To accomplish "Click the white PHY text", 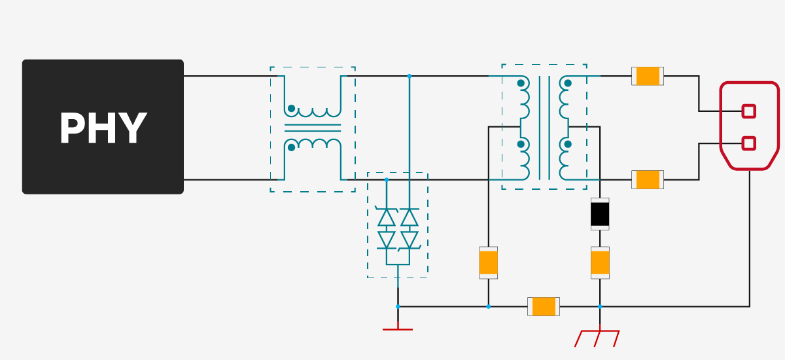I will point(103,128).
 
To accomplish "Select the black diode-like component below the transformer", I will point(600,214).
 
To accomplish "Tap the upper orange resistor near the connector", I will point(648,76).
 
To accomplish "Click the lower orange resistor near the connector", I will point(648,179).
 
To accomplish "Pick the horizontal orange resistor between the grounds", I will point(544,306).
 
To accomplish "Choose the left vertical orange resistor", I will point(489,262).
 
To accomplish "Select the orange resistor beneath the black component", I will point(600,262).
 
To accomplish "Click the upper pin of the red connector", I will point(749,111).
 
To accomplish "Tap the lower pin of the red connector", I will point(749,143).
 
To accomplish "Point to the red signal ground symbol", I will point(398,329).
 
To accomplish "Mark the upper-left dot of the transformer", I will point(521,83).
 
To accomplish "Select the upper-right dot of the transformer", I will point(568,83).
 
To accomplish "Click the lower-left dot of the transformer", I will point(521,144).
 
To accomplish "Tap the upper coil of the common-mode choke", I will point(313,111).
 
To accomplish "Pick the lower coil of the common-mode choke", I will point(313,142).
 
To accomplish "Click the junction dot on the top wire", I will point(410,76).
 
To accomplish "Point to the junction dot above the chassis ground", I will point(600,306).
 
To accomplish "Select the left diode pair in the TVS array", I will point(387,228).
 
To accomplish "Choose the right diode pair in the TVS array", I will point(410,228).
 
